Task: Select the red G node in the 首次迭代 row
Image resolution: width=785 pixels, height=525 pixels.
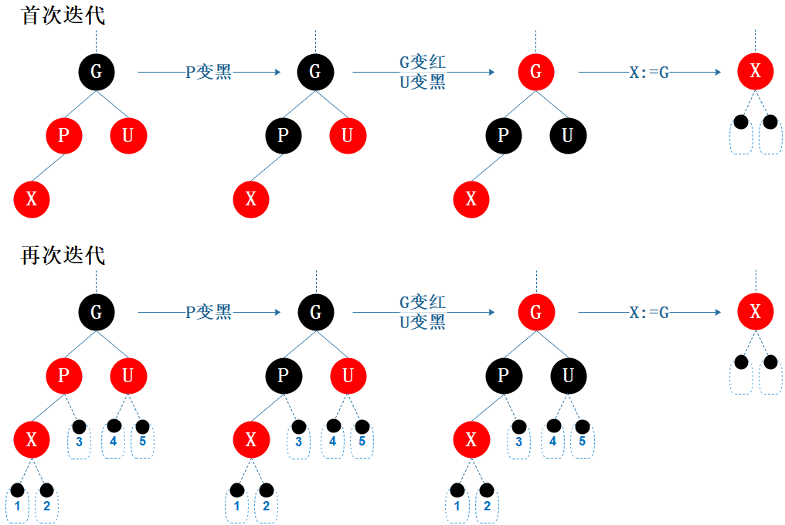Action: [535, 72]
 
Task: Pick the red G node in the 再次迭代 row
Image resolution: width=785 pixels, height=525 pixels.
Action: [535, 312]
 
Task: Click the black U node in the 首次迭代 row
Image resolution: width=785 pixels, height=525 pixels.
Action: [568, 136]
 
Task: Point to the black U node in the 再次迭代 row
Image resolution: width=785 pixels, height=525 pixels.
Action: [568, 376]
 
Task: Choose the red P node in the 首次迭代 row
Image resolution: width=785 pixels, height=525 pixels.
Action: [63, 136]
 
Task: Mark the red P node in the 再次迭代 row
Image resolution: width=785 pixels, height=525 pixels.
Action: [63, 376]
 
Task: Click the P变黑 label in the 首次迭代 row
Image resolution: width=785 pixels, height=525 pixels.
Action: [209, 73]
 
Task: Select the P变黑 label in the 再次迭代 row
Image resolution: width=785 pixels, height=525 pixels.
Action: [209, 313]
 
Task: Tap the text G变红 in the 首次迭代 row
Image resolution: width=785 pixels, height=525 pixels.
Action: [422, 63]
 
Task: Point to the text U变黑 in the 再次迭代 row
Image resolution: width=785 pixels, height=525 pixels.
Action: [422, 323]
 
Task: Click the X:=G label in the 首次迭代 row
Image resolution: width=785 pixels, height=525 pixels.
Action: [649, 73]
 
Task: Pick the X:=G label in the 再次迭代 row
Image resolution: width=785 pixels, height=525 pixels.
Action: [649, 313]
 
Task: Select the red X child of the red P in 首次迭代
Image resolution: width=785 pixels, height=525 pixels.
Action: [32, 200]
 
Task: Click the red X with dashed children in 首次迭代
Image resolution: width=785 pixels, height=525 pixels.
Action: [755, 72]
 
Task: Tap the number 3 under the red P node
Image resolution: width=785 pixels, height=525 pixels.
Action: [79, 442]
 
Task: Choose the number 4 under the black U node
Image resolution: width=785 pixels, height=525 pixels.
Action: [553, 442]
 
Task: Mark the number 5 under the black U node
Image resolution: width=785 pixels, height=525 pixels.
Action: [583, 442]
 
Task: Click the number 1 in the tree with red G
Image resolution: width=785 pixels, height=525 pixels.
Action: [457, 506]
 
